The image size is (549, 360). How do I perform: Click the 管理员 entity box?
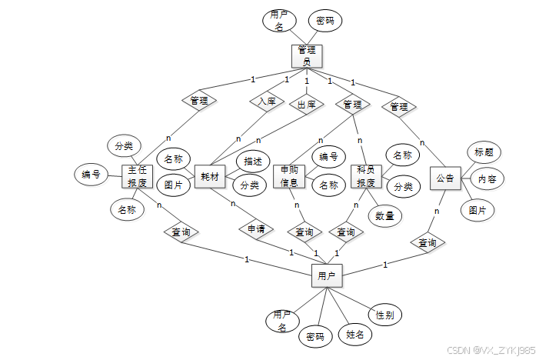point(307,56)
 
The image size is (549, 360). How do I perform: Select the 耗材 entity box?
point(210,176)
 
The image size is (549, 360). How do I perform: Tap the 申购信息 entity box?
point(290,176)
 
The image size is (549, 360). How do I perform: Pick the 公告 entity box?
point(445,178)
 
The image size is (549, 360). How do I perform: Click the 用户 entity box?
point(327,275)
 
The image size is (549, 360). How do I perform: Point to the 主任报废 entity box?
point(138,176)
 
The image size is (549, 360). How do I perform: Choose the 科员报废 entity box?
point(366,176)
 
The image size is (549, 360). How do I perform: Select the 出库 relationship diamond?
point(306,105)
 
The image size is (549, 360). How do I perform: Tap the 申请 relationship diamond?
point(256,229)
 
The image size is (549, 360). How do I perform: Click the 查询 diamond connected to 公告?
point(428,243)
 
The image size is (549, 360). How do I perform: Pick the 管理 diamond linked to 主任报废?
point(199,100)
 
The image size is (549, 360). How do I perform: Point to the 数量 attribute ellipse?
point(384,216)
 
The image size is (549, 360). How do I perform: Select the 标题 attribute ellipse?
point(484,152)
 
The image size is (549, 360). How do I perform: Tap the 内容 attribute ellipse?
point(487,178)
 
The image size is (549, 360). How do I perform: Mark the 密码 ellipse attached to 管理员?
point(325,21)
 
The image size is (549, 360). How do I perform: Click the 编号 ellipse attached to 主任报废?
point(91,175)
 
